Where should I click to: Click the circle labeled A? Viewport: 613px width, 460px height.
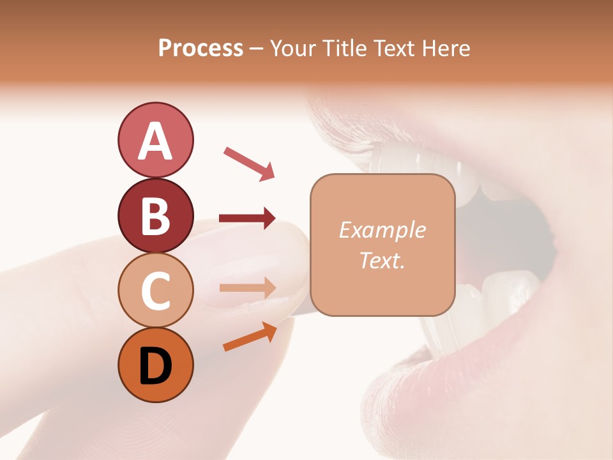tap(155, 140)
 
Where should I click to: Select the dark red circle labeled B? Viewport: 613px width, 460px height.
tap(155, 215)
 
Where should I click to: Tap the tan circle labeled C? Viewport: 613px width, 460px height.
tap(155, 290)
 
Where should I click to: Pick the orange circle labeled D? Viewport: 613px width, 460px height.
tap(155, 365)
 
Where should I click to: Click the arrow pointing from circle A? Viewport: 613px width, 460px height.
tap(249, 163)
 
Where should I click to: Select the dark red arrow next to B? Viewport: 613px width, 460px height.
tap(247, 218)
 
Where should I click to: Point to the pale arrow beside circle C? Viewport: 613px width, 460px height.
tap(247, 287)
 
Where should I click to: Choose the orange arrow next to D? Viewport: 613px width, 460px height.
tap(250, 337)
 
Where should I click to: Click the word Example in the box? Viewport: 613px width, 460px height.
tap(382, 230)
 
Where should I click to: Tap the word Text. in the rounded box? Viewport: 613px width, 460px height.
tap(382, 260)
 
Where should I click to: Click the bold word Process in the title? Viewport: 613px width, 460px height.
tap(201, 48)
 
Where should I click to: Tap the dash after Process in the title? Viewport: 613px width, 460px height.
tap(256, 49)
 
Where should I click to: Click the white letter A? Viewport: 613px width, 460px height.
tap(155, 141)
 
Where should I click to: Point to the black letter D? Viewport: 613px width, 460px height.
tap(155, 365)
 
